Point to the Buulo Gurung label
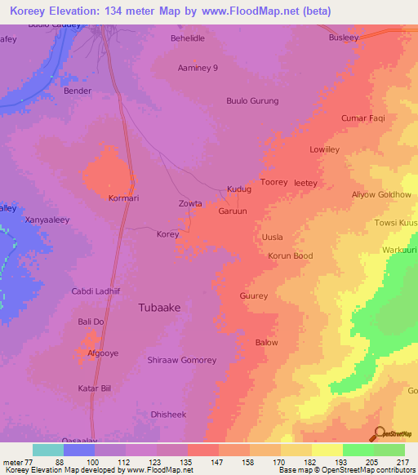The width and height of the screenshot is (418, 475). coord(252,101)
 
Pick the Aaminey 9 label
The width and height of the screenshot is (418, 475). coord(198,69)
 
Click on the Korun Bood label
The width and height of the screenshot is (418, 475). coord(290,256)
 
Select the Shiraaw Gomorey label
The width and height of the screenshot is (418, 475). coord(181,361)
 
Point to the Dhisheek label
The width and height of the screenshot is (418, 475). coord(168,415)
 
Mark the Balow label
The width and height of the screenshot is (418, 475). coord(267,343)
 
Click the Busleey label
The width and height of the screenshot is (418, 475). coord(344,38)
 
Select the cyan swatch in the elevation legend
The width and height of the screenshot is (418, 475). coord(47,450)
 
